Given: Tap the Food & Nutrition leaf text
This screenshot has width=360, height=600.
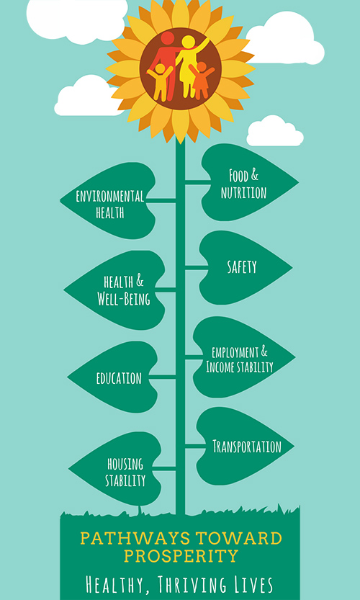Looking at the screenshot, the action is [243, 184].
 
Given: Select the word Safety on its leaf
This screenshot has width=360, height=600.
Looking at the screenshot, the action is [242, 267].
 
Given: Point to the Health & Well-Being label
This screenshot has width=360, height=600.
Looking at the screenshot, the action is [124, 291].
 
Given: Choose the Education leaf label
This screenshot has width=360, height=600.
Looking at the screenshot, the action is [119, 378].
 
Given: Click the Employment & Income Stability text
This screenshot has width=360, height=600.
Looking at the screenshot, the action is [240, 359].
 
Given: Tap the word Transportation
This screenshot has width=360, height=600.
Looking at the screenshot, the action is [247, 446].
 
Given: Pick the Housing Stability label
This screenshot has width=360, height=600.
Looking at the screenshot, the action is [125, 473].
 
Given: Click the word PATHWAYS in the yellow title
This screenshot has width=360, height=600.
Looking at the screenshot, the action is [135, 538].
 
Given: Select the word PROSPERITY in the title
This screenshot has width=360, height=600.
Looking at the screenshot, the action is [181, 555].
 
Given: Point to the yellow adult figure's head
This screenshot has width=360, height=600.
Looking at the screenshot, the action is [188, 42].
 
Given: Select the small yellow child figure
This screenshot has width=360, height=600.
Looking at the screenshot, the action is [160, 82].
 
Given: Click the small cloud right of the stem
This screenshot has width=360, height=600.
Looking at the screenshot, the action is [275, 131].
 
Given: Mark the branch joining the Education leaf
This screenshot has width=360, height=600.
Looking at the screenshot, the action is [162, 377].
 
